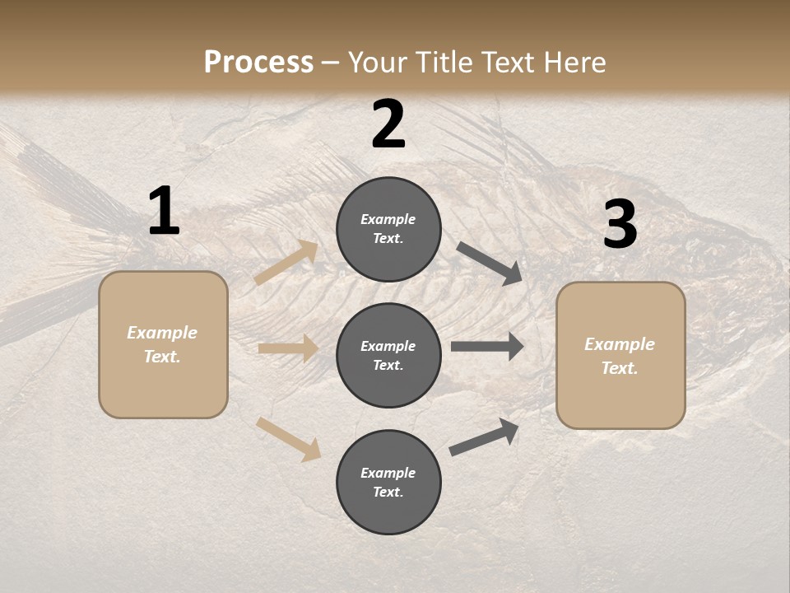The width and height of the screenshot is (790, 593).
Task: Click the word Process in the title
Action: [x=258, y=63]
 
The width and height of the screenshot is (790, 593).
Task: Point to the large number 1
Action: [x=164, y=212]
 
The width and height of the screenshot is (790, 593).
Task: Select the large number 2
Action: [x=388, y=124]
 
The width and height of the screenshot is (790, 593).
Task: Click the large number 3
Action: [x=620, y=225]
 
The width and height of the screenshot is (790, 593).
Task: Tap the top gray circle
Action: [x=388, y=229]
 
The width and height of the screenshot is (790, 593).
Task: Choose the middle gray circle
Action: [x=388, y=355]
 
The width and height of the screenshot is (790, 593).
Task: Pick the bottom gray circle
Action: [x=388, y=482]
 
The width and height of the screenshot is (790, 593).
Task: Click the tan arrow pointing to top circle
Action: [x=286, y=263]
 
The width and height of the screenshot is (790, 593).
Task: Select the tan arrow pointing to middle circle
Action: [x=288, y=348]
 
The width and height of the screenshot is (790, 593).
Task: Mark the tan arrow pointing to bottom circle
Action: [x=288, y=438]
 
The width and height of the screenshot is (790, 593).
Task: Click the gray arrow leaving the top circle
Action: [x=490, y=264]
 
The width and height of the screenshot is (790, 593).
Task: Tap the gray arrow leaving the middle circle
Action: [x=487, y=347]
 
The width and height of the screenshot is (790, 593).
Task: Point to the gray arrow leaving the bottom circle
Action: [x=484, y=437]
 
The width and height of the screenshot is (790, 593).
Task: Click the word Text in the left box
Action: [x=162, y=357]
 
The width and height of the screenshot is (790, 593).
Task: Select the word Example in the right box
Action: [x=620, y=344]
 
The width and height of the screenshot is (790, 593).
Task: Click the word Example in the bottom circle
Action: [x=388, y=473]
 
